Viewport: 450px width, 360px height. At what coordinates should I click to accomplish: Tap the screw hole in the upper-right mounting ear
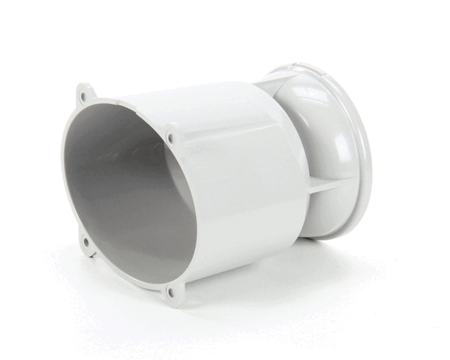(172, 138)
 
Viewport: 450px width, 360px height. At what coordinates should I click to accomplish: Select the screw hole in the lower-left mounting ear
(85, 241)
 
